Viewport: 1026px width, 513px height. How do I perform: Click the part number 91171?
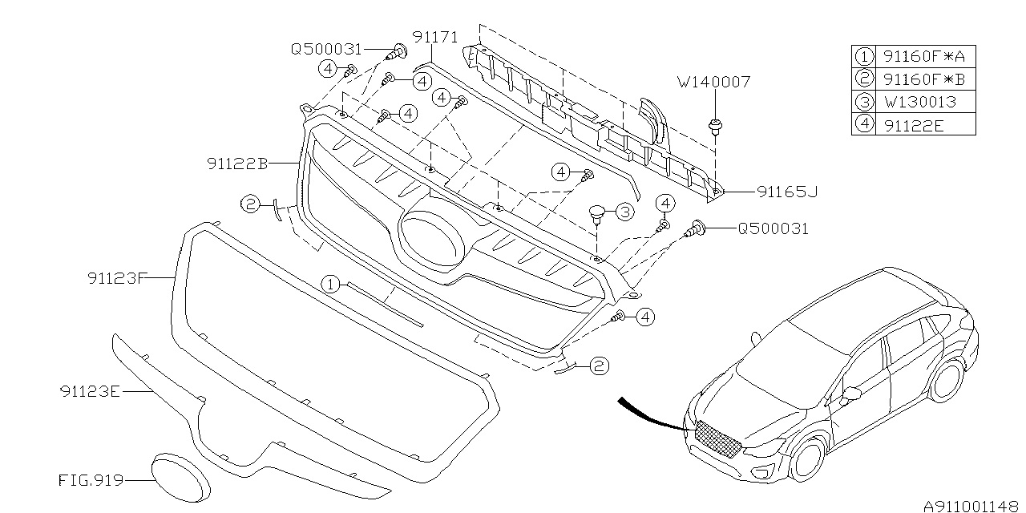435,37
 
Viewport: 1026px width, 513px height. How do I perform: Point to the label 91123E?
89,391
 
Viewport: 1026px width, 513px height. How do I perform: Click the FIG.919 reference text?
91,481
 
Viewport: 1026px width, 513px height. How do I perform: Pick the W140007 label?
713,81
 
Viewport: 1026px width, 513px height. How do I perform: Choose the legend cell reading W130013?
918,102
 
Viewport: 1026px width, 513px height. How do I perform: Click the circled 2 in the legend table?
863,79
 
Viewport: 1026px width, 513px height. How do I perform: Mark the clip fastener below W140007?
713,127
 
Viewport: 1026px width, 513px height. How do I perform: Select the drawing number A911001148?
971,506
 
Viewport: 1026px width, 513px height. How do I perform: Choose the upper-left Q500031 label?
326,49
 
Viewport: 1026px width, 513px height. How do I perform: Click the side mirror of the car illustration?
853,393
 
